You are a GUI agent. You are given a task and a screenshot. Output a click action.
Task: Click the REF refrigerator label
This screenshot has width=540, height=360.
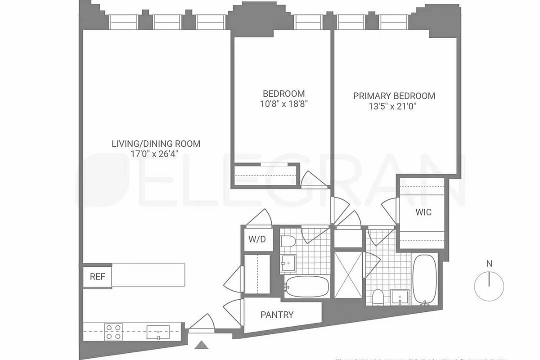point(97,277)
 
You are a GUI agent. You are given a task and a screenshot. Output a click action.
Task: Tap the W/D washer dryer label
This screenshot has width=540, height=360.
point(257,239)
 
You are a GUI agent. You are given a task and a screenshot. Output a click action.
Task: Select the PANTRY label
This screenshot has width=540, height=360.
point(277,315)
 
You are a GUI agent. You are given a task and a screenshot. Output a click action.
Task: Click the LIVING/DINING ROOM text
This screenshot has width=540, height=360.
point(156,144)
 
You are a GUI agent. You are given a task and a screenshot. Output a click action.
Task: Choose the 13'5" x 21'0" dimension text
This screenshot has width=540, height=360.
point(394,106)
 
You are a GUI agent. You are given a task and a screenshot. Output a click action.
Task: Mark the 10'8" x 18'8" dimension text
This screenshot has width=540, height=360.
point(283,104)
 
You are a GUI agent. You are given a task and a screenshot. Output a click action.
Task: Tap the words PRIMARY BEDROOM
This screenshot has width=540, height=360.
point(394,96)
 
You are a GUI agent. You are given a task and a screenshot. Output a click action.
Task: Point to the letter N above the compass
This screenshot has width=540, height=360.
point(489,264)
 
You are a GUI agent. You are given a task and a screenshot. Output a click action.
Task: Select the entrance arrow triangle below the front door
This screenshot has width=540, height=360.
point(202,345)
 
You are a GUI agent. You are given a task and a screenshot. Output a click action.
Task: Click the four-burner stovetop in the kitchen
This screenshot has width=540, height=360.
point(113,331)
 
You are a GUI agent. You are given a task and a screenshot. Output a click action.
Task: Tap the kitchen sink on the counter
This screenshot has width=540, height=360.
point(158,332)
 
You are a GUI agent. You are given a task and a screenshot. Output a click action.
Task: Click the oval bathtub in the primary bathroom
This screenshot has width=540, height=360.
point(424,279)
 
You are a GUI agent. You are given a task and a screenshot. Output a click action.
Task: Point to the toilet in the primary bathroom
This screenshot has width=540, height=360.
point(378,297)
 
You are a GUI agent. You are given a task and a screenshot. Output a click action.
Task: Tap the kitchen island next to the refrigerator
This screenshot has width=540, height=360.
point(148,274)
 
